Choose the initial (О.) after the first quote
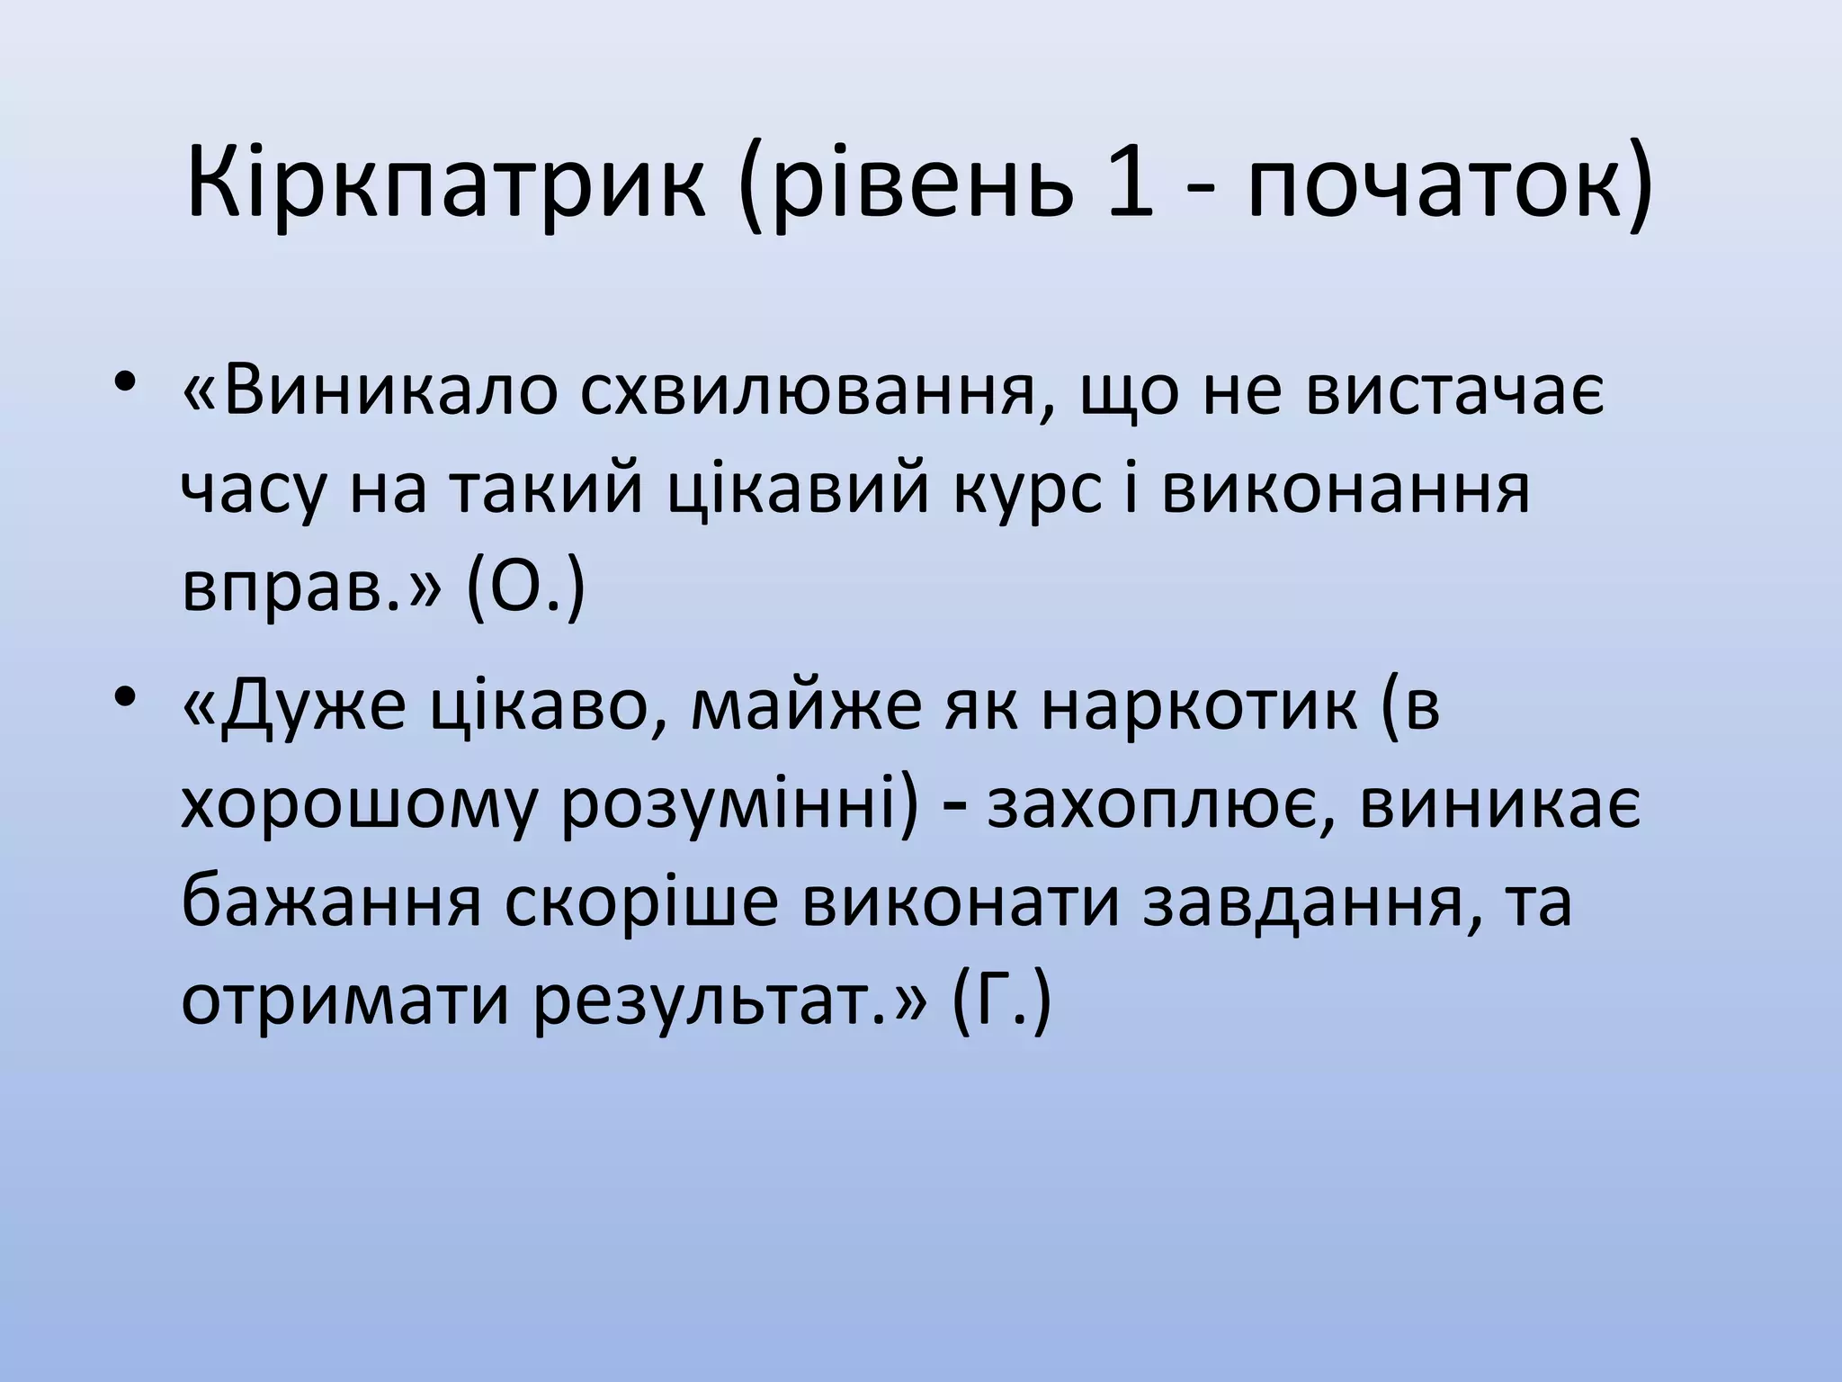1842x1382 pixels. pos(526,590)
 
